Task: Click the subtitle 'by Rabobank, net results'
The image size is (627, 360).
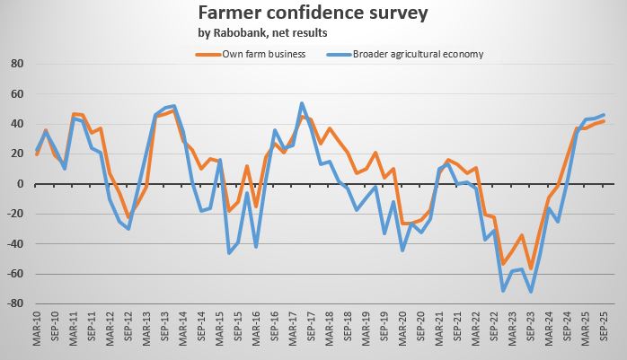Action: [261, 33]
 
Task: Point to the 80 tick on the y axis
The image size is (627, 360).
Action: [16, 65]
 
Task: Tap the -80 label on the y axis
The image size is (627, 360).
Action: [14, 303]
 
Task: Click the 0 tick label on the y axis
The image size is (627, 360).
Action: [19, 184]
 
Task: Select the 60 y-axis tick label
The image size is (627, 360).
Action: [16, 94]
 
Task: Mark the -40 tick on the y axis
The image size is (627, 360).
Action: [14, 244]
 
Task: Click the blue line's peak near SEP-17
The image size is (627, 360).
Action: [302, 103]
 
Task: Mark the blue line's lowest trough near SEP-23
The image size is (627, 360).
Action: [531, 292]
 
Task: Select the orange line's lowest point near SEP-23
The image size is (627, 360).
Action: [531, 268]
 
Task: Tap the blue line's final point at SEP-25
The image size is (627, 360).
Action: [604, 115]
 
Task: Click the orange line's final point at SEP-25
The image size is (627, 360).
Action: [604, 121]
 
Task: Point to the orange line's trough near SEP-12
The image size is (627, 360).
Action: [128, 217]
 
